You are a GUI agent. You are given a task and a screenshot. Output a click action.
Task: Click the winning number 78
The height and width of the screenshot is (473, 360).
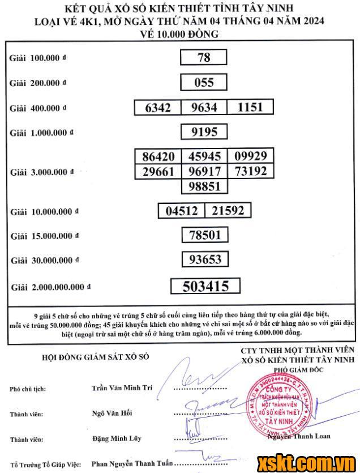tap(204, 58)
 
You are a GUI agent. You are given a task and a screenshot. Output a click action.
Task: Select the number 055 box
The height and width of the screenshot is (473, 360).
tap(204, 83)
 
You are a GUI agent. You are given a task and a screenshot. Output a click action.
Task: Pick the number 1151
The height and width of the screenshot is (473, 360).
tap(250, 108)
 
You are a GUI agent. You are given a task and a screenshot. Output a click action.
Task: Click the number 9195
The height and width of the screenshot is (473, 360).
tap(204, 133)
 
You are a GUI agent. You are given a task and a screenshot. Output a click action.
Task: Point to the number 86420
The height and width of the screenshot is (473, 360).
tap(158, 157)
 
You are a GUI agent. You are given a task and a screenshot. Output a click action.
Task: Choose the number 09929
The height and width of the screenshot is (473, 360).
tap(250, 156)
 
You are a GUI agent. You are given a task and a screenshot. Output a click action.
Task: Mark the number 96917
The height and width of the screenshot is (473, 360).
tap(204, 172)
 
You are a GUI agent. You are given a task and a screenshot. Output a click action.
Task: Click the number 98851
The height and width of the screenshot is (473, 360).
tap(204, 186)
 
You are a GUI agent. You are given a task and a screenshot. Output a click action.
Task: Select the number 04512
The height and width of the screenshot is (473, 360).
tap(181, 211)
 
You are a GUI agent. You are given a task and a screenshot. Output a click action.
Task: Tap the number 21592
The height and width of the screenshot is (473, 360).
tap(228, 211)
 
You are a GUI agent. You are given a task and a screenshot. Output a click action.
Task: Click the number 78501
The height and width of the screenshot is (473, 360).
tap(204, 235)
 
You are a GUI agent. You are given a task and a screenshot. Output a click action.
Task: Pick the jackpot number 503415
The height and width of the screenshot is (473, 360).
tap(205, 286)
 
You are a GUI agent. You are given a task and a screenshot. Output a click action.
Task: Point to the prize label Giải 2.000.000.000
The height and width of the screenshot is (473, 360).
tap(50, 288)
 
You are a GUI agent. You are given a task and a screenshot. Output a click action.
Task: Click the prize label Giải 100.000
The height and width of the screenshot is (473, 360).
tap(38, 58)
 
